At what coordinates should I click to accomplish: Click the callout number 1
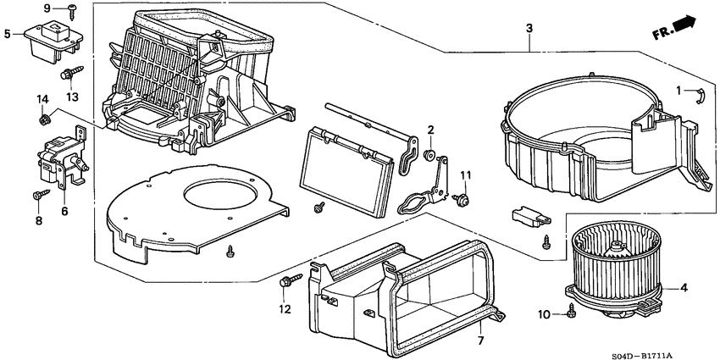click(678, 91)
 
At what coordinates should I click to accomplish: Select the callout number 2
click(430, 130)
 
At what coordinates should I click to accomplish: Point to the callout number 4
click(684, 288)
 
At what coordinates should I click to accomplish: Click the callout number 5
click(7, 35)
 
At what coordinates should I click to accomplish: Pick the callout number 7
click(479, 341)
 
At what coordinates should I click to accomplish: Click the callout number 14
click(42, 100)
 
